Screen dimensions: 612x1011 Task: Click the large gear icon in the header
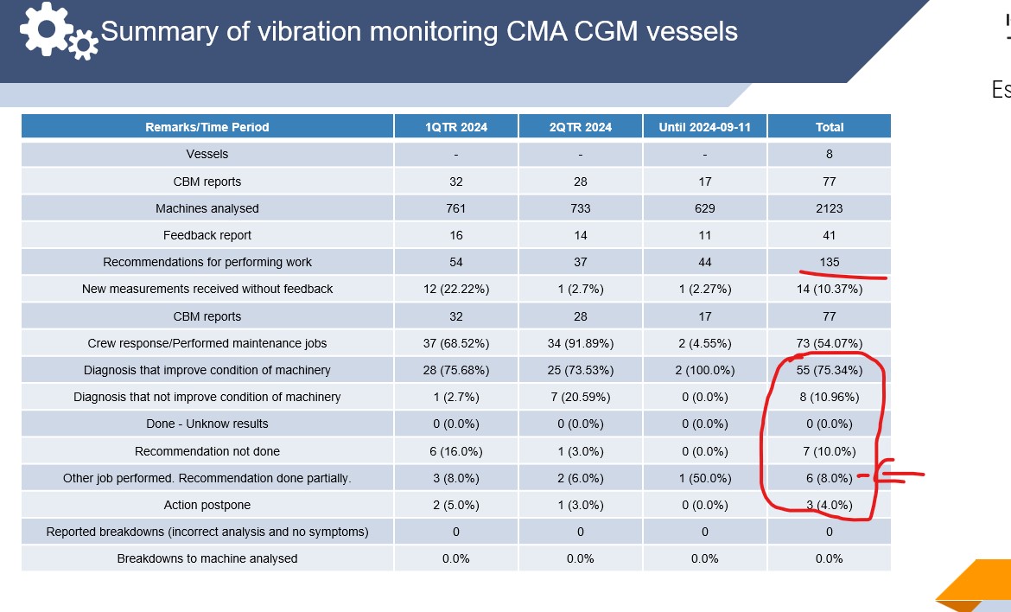46,29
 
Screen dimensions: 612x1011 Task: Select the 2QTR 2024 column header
580,127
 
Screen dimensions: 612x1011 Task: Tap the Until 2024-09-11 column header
704,127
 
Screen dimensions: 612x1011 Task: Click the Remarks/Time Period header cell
207,127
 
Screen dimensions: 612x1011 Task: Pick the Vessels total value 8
829,154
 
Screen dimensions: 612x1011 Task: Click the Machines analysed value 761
455,208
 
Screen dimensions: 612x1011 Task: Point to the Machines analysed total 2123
829,208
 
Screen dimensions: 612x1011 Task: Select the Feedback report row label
207,235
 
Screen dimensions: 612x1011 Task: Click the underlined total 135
829,262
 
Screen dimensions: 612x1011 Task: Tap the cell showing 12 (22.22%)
455,289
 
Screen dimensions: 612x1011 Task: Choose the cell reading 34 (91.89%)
580,343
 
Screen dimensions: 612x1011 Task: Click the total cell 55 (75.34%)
829,370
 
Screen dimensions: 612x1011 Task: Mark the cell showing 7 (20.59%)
580,397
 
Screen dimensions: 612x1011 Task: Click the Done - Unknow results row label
207,424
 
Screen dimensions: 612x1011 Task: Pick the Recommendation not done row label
207,451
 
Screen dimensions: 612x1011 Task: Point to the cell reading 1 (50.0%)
704,478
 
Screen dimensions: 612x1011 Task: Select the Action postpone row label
207,505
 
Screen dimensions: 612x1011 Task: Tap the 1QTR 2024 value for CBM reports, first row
455,182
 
